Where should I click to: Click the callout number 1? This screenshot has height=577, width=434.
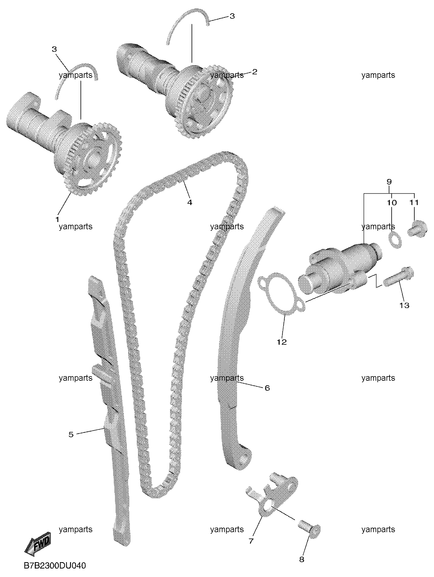click(x=57, y=219)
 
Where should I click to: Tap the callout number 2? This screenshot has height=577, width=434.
click(x=255, y=72)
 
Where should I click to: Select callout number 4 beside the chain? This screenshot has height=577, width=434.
click(x=189, y=202)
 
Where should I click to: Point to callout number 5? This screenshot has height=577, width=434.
click(x=71, y=435)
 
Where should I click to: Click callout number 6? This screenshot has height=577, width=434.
click(x=267, y=388)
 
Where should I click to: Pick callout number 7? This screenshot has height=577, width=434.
click(x=251, y=541)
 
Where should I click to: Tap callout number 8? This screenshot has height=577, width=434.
click(x=301, y=559)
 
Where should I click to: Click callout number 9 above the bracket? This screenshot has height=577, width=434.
click(x=389, y=182)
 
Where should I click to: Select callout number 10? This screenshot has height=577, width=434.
click(x=392, y=202)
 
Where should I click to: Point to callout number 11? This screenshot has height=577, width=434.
click(x=414, y=202)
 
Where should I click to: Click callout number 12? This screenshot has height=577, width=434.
click(x=281, y=342)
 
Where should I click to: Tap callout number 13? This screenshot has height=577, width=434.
click(x=404, y=305)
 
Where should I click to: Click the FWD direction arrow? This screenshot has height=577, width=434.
click(x=38, y=544)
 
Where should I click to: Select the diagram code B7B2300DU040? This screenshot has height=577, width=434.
click(x=55, y=565)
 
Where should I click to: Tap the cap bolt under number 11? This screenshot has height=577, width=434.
click(x=417, y=229)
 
